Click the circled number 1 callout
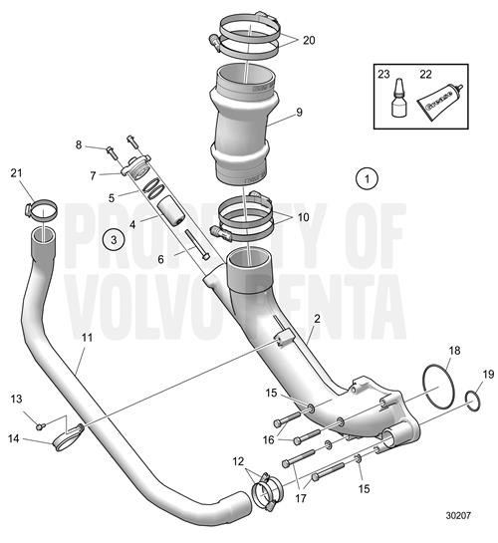(x=367, y=179)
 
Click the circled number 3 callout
(x=115, y=239)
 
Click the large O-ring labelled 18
(x=434, y=383)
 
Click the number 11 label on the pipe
(x=88, y=338)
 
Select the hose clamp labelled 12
(x=265, y=489)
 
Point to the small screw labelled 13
(x=40, y=425)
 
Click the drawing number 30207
(x=457, y=516)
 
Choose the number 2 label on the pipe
(x=316, y=319)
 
